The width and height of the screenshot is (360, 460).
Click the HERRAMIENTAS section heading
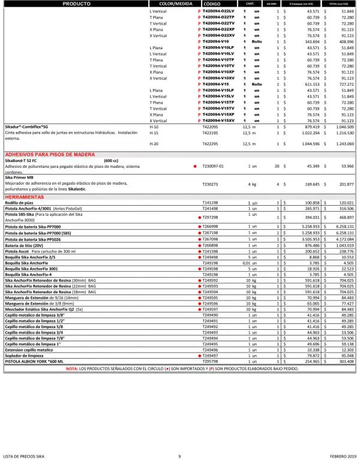(27, 197)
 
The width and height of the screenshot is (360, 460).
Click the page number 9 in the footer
(179, 456)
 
